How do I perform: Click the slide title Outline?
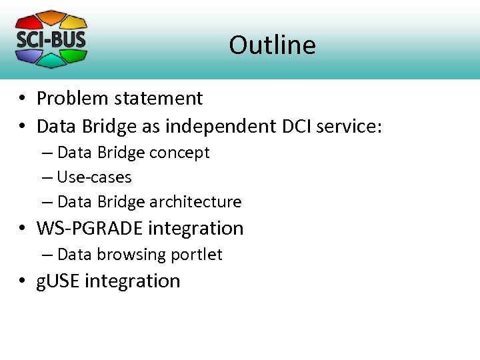pyautogui.click(x=272, y=45)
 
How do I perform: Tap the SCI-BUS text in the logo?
pyautogui.click(x=51, y=39)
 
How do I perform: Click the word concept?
pyautogui.click(x=179, y=153)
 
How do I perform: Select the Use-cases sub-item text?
pyautogui.click(x=94, y=177)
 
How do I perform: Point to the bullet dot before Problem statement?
pyautogui.click(x=23, y=99)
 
